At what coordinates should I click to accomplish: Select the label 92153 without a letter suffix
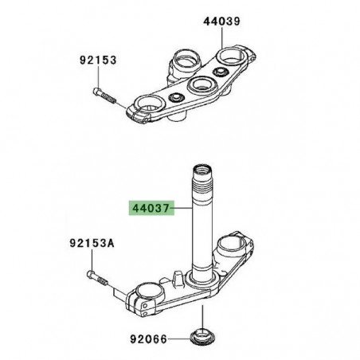[96, 59]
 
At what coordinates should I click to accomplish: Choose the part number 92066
[148, 338]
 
